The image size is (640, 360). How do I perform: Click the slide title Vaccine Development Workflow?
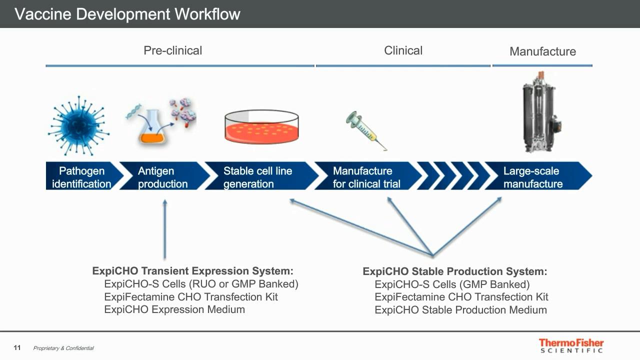pyautogui.click(x=127, y=14)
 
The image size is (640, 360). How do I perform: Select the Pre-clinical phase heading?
pyautogui.click(x=173, y=50)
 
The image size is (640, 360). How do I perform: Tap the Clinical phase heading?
pyautogui.click(x=403, y=50)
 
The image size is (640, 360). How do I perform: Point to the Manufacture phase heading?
pyautogui.click(x=543, y=51)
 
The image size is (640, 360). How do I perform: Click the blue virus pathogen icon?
pyautogui.click(x=78, y=125)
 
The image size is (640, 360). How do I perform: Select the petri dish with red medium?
pyautogui.click(x=261, y=126)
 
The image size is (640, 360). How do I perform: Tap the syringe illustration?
pyautogui.click(x=366, y=131)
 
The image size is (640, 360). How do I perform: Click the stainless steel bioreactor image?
pyautogui.click(x=540, y=112)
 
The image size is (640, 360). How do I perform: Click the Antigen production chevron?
pyautogui.click(x=165, y=175)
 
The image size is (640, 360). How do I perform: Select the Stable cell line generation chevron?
pyautogui.click(x=261, y=175)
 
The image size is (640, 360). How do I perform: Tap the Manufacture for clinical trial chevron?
pyautogui.click(x=368, y=175)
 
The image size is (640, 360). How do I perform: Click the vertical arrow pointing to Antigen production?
pyautogui.click(x=165, y=229)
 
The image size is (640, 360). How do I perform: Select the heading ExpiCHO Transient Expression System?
pyautogui.click(x=193, y=271)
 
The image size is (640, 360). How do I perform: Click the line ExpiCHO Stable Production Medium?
pyautogui.click(x=461, y=310)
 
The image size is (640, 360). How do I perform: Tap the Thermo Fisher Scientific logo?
pyautogui.click(x=571, y=345)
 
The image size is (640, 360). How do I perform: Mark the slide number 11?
pyautogui.click(x=17, y=347)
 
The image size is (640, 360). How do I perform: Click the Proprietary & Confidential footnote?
pyautogui.click(x=63, y=348)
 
